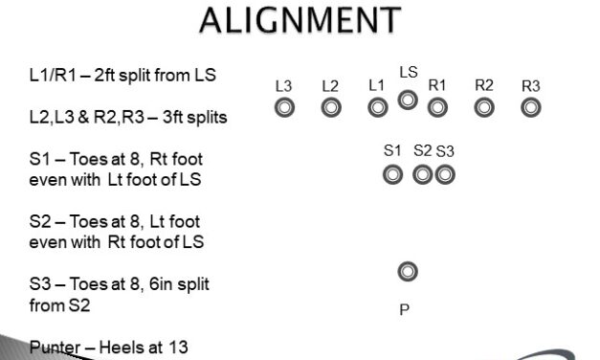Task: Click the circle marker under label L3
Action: point(283,108)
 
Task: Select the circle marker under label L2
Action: point(331,108)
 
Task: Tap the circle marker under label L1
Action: point(378,108)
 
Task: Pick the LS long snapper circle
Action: point(408,99)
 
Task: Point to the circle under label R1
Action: point(437,108)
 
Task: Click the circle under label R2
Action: point(484,108)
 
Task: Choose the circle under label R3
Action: point(531,108)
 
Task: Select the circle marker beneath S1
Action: point(392,175)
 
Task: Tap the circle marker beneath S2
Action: point(423,175)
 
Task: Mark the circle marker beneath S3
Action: point(444,175)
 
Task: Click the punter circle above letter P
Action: point(408,273)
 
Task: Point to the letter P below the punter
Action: point(405,310)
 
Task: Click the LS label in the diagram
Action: point(409,73)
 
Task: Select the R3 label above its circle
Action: point(531,86)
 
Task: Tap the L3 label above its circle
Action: point(283,86)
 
